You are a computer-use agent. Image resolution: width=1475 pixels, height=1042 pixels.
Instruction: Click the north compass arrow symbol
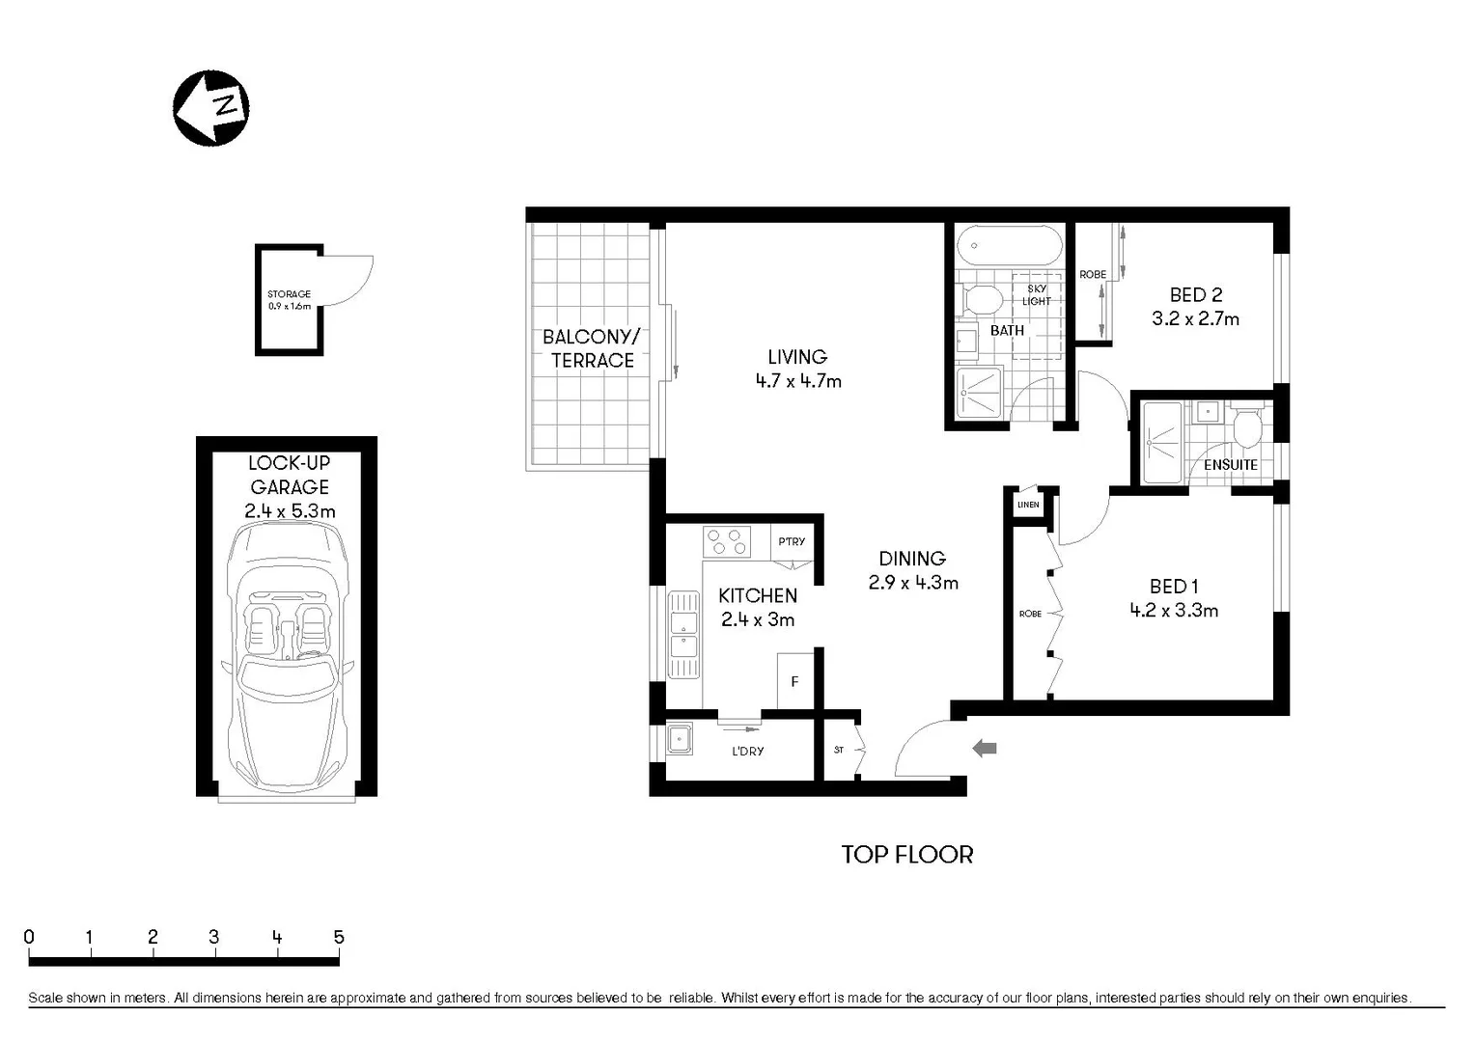[210, 107]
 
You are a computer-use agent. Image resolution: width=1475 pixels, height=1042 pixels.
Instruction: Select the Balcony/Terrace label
[591, 348]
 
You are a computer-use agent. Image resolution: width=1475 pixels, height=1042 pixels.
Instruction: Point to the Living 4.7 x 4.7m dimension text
[797, 381]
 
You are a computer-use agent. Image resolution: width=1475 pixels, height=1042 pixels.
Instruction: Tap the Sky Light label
[1036, 295]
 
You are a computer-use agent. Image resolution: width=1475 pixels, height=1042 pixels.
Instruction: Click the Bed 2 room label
[1195, 295]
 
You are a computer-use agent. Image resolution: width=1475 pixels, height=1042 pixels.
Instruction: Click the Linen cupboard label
[1028, 505]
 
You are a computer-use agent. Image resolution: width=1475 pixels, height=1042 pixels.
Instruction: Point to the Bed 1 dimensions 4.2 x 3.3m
[1173, 611]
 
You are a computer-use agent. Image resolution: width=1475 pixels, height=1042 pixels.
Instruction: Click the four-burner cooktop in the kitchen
[726, 542]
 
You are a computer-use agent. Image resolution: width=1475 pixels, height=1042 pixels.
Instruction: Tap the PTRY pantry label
[792, 541]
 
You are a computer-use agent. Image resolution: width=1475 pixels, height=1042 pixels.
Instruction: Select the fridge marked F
[794, 681]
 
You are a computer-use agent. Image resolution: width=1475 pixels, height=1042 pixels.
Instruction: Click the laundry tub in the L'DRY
[681, 740]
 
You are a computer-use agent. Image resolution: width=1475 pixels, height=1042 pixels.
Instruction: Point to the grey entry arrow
[984, 748]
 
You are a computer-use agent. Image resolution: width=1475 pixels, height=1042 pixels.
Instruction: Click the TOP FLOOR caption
[906, 855]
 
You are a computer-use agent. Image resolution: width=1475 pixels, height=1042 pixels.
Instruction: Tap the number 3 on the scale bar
[213, 937]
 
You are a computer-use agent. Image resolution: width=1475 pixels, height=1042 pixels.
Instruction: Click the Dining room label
[911, 559]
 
